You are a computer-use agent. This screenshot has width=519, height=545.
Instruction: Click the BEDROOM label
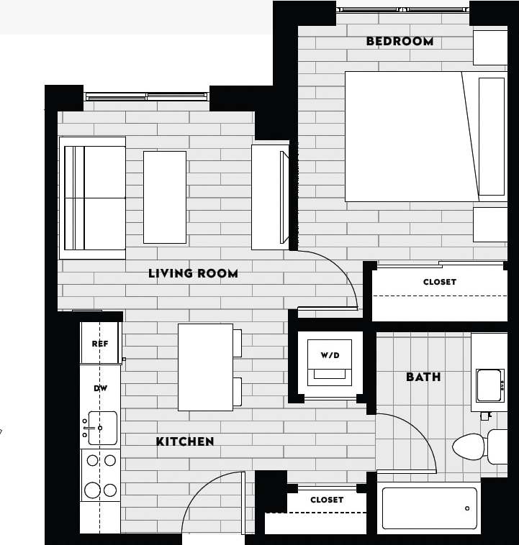click(400, 42)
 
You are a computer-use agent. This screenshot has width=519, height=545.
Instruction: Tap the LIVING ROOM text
click(193, 273)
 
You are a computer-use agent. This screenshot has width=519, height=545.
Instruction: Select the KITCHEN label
click(185, 441)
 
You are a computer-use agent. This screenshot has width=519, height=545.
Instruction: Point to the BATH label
click(423, 377)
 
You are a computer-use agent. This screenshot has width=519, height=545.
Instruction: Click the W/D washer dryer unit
click(330, 363)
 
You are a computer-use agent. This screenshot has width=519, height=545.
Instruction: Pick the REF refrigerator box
click(100, 344)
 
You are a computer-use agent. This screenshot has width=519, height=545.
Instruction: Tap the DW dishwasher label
click(100, 388)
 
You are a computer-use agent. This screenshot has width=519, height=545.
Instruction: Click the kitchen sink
click(100, 428)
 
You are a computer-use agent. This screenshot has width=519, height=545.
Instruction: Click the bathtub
click(429, 508)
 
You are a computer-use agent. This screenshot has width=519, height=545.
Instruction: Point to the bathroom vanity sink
click(489, 385)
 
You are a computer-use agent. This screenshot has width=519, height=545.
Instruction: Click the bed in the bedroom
click(410, 137)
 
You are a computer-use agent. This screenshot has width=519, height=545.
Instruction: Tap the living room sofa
click(93, 198)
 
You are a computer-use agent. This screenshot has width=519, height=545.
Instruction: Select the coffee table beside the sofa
click(165, 197)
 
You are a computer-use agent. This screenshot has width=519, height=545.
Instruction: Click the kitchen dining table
click(206, 367)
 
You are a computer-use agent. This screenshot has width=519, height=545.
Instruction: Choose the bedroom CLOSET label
click(439, 283)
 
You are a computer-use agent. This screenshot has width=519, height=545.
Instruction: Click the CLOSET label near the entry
click(327, 500)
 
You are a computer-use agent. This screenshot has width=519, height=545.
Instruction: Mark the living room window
click(146, 96)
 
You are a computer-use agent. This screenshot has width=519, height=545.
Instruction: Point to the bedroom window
click(403, 9)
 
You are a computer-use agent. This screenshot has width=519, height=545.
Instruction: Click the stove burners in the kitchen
click(100, 475)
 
